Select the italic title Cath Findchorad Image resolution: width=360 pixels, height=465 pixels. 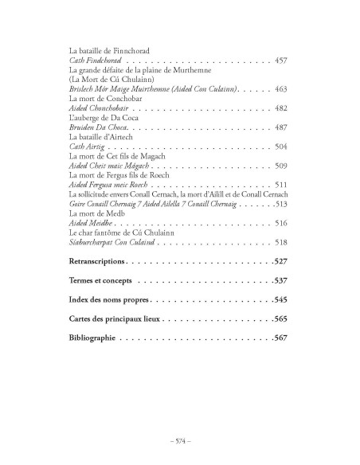(x=96, y=61)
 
